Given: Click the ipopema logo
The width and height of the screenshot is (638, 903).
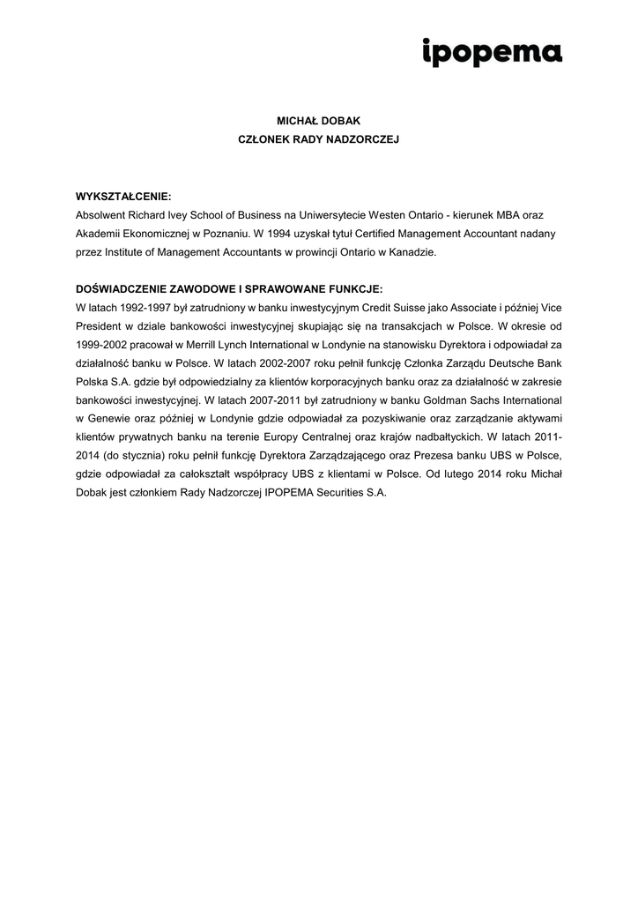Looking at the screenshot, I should click(492, 53).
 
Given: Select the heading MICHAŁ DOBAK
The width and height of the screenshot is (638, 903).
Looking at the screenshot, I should click(319, 121).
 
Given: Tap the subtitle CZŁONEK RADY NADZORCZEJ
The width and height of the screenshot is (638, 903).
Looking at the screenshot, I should click(319, 139).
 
